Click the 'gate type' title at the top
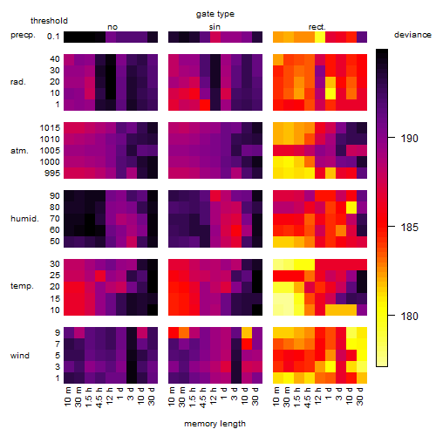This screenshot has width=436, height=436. (x=215, y=14)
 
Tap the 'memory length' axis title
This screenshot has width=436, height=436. (x=215, y=424)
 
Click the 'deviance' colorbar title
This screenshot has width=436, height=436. (x=412, y=35)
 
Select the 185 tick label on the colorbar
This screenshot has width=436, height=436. (x=409, y=227)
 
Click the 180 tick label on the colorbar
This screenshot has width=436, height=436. (x=409, y=316)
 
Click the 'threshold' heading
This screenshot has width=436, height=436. (x=49, y=21)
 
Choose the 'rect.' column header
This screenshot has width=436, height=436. (x=317, y=27)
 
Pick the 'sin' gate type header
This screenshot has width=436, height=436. (x=215, y=27)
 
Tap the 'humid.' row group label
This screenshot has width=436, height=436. (x=24, y=219)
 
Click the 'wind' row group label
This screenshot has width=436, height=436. (x=20, y=356)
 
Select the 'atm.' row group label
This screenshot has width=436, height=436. (x=19, y=151)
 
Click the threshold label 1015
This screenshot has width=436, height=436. (x=50, y=128)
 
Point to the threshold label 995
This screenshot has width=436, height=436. (x=52, y=174)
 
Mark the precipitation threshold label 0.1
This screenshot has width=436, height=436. (x=53, y=37)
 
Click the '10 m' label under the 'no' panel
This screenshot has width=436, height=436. (x=69, y=397)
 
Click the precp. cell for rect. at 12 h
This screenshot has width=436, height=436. (x=320, y=37)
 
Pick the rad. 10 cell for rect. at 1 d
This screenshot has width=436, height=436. (x=330, y=93)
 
